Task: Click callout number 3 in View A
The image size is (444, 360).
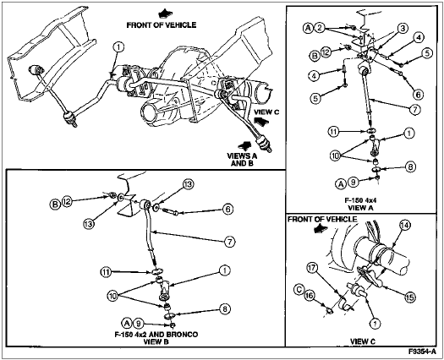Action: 402,28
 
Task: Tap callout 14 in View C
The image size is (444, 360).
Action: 404,226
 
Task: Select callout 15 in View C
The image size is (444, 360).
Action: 410,297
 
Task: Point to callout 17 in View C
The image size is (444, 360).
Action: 312,268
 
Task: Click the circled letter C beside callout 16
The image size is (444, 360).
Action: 299,291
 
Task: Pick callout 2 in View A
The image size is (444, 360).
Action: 320,28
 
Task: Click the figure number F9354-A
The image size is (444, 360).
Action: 422,352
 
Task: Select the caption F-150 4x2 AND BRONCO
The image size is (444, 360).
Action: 156,335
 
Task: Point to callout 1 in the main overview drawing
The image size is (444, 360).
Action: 118,47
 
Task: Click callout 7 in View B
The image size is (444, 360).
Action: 230,242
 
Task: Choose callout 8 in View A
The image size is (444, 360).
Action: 410,166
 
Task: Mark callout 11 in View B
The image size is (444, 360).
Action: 105,272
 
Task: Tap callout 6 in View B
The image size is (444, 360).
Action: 228,209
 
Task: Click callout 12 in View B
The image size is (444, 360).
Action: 67,202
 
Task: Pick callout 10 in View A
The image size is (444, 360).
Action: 335,156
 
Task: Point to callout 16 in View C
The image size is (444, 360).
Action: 310,296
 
